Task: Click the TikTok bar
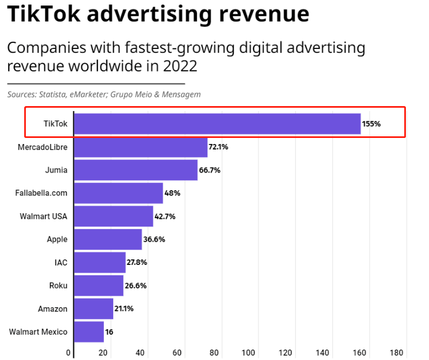[217, 124]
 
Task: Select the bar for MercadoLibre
[140, 147]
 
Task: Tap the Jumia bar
[135, 170]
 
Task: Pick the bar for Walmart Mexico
[89, 332]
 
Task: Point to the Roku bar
[98, 286]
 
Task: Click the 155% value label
[371, 124]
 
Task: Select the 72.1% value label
[218, 147]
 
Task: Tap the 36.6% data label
[153, 240]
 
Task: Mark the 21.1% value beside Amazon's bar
[124, 309]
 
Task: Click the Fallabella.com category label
[41, 193]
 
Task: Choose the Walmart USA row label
[43, 217]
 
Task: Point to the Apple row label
[57, 240]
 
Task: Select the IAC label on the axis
[61, 263]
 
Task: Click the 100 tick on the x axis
[249, 352]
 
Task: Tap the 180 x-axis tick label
[397, 352]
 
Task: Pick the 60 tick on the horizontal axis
[177, 352]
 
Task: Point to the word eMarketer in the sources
[88, 95]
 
